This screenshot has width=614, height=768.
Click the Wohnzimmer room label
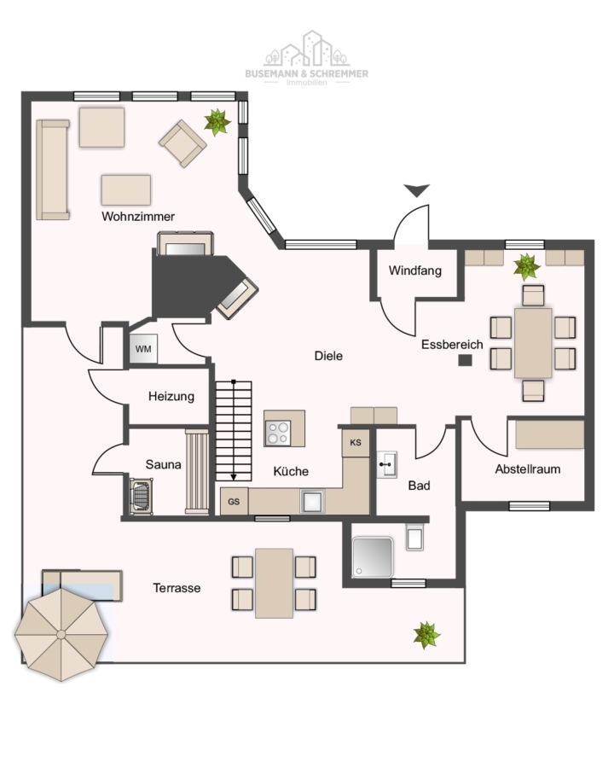pos(138,217)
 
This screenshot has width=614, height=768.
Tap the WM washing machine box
pos(143,349)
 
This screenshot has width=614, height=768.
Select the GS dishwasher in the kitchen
pos(234,501)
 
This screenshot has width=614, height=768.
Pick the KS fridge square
pos(356,443)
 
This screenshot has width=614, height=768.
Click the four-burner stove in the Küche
pos(278,433)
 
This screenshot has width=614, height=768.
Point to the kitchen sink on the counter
pos(312,501)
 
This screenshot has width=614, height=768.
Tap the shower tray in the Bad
pos(372,557)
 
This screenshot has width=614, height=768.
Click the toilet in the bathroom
pos(414,537)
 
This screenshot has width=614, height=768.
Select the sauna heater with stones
pos(141,496)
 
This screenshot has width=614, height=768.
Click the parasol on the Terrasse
pos(61,635)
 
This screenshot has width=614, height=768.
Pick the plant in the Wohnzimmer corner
pos(217,121)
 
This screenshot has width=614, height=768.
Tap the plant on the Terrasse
pos(426,635)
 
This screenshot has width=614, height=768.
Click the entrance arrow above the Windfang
pos(417,190)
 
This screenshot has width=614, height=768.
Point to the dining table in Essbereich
pos(533,343)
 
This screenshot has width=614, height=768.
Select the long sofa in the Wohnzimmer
pos(52,170)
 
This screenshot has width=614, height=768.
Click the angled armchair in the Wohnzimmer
pos(182,143)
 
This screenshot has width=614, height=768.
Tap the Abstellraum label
pos(527,469)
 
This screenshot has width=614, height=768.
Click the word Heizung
pos(171,396)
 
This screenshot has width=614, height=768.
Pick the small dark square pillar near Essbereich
pos(465,360)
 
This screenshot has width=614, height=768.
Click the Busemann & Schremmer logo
pos(306,58)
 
